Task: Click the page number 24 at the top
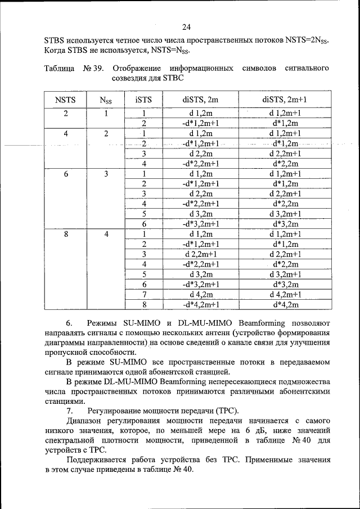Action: (186, 26)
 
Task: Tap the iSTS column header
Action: (144, 100)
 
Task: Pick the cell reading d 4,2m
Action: (200, 294)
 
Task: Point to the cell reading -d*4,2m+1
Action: (200, 304)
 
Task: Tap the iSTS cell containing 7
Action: (144, 294)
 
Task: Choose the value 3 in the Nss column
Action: (105, 174)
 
